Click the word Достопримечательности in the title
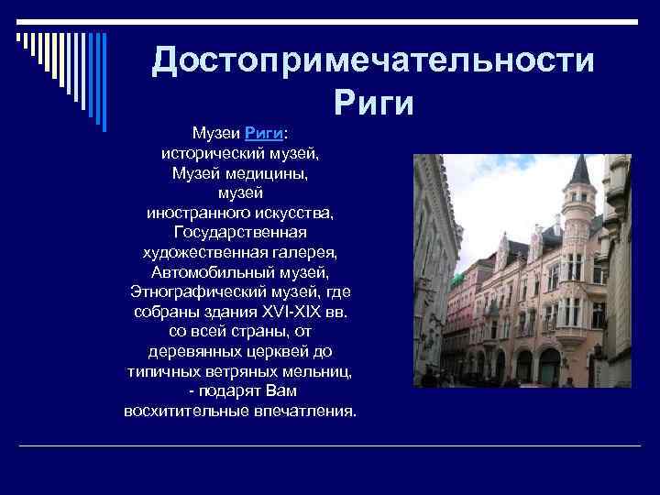(x=373, y=60)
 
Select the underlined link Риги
(x=262, y=134)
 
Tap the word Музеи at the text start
(x=211, y=134)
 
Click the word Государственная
(x=240, y=232)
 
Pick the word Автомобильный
(x=213, y=272)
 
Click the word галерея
(x=306, y=252)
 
